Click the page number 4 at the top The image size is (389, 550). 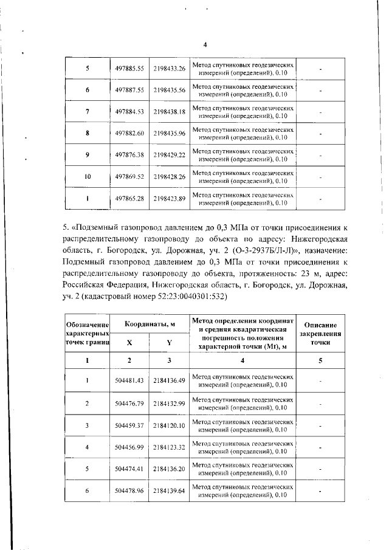point(205,44)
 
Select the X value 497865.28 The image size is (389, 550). point(129,198)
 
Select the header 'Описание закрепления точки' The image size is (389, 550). point(320,334)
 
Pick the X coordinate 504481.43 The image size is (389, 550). point(129,380)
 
